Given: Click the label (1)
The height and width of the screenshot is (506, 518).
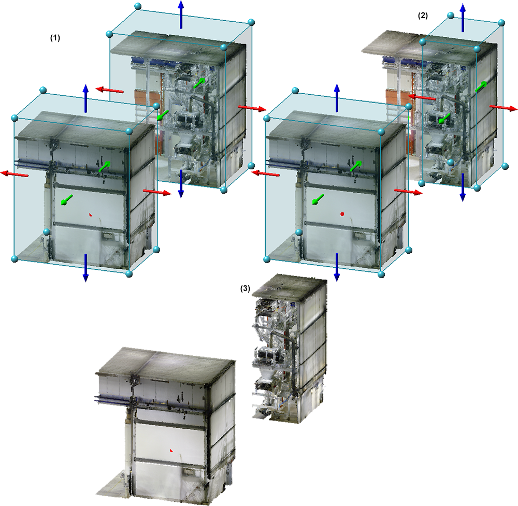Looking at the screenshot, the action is [x=55, y=38].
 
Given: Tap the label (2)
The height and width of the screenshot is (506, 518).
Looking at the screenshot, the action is [x=423, y=16].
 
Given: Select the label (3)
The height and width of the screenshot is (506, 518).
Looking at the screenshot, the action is [x=245, y=288].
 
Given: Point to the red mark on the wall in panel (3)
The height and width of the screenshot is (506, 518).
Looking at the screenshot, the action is [x=171, y=450].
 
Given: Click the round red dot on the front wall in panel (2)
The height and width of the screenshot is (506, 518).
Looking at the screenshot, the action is [x=342, y=214].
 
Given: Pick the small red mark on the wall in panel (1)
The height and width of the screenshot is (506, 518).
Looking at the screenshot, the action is [x=90, y=215].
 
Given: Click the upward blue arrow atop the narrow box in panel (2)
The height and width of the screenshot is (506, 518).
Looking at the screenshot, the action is [x=463, y=18].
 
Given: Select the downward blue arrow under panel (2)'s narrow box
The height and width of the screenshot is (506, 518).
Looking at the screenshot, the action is [x=463, y=187].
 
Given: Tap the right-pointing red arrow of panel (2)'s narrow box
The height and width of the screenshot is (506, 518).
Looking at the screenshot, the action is [x=503, y=108].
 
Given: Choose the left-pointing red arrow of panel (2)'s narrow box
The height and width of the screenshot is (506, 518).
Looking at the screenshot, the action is [x=421, y=97].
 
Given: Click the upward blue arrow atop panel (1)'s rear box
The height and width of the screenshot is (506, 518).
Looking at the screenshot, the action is [x=181, y=15].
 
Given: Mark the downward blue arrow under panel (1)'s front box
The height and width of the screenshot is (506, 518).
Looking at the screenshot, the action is [x=85, y=268].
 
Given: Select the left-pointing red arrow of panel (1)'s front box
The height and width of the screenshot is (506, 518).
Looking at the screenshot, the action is [x=14, y=174].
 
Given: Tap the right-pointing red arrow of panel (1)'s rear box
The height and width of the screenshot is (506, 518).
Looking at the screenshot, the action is [x=252, y=108].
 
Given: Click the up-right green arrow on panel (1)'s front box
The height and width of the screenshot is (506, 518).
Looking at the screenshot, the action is [x=105, y=166].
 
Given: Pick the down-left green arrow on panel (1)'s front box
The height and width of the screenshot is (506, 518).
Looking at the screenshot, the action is [x=67, y=200].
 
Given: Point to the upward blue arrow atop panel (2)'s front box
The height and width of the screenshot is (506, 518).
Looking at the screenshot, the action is [x=337, y=98].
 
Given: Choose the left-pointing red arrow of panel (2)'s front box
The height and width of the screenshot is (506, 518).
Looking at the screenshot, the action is [x=265, y=174].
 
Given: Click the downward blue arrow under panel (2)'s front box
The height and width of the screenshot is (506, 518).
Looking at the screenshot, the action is [x=337, y=268].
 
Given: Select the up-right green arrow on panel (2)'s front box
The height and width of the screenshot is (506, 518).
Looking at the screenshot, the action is [x=356, y=166].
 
